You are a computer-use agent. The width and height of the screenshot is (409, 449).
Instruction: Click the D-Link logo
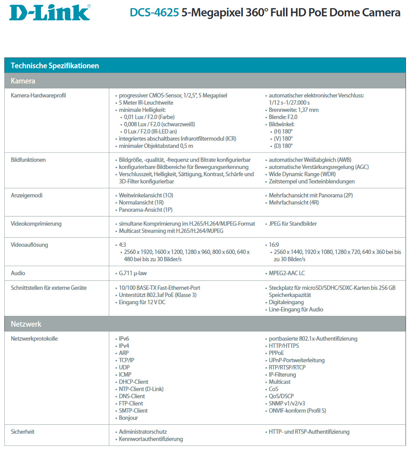(x=50, y=13)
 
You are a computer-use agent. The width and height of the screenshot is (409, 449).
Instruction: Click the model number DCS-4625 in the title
(x=154, y=13)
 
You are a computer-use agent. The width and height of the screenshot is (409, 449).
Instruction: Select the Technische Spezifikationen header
(x=55, y=66)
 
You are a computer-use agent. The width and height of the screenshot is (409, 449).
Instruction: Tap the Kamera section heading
(x=23, y=81)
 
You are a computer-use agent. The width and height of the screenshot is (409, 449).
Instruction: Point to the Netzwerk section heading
(x=26, y=324)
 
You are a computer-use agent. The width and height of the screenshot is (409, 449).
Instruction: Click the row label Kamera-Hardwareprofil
(x=38, y=96)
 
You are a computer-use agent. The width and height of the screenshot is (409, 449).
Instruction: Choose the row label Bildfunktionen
(x=28, y=160)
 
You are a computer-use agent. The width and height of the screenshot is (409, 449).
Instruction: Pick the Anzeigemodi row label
(x=27, y=195)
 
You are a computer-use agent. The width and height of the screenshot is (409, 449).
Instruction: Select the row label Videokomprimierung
(x=36, y=224)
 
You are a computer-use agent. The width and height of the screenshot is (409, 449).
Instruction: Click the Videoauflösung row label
(x=29, y=245)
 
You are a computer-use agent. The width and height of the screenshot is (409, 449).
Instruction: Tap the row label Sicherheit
(x=22, y=432)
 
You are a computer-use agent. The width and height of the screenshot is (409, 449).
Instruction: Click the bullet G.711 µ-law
(x=136, y=273)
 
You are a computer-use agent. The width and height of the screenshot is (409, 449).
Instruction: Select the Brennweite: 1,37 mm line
(x=294, y=110)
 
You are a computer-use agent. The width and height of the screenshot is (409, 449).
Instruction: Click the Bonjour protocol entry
(x=129, y=418)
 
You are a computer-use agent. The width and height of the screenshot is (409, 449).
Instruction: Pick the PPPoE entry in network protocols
(x=276, y=353)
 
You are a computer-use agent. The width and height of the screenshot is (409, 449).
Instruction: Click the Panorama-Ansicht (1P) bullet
(x=146, y=210)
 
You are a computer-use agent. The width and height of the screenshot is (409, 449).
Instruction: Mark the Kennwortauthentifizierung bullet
(x=151, y=439)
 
